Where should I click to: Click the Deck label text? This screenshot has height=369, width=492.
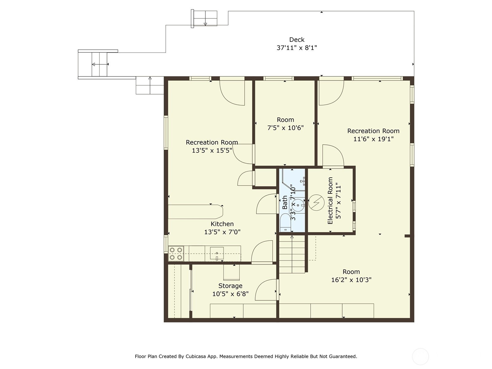297,40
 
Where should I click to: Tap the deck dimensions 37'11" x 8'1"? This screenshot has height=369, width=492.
296,48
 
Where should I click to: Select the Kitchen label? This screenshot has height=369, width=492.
222,224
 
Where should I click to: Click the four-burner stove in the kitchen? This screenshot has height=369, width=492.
176,254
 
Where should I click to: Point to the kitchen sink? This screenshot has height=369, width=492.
217,253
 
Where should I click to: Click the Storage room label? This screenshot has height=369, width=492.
230,286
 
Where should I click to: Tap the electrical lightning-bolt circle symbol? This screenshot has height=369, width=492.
316,203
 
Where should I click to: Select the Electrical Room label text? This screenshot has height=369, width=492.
330,200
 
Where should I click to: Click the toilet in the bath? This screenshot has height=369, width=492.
285,223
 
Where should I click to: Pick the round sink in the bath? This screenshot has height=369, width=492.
298,205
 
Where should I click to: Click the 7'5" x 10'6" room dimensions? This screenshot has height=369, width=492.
285,128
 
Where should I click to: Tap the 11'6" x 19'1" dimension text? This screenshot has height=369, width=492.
373,139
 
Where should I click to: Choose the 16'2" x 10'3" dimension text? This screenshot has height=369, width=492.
351,280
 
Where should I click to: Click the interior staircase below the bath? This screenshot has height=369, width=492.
292,254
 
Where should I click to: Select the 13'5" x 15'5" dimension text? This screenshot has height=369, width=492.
212,150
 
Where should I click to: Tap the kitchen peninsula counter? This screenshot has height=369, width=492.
195,212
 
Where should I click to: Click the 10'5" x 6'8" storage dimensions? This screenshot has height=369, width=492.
230,294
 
